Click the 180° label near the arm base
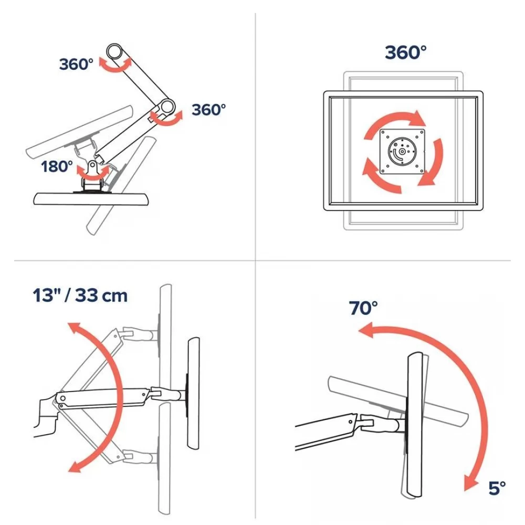pyautogui.click(x=57, y=166)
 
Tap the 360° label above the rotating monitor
pyautogui.click(x=405, y=52)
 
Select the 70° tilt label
pyautogui.click(x=363, y=308)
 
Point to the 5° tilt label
pyautogui.click(x=497, y=488)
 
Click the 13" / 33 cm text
pyautogui.click(x=80, y=295)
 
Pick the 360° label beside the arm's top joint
pyautogui.click(x=76, y=64)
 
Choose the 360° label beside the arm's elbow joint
pyautogui.click(x=208, y=110)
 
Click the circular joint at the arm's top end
pyautogui.click(x=114, y=51)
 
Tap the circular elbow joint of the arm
pyautogui.click(x=167, y=107)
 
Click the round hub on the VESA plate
pyautogui.click(x=402, y=151)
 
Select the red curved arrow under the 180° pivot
pyautogui.click(x=93, y=172)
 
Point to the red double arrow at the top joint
pyautogui.click(x=115, y=65)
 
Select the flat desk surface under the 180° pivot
pyautogui.click(x=91, y=199)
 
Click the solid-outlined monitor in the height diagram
pyautogui.click(x=193, y=393)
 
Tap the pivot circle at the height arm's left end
pyautogui.click(x=62, y=398)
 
